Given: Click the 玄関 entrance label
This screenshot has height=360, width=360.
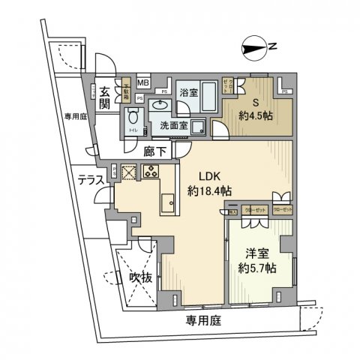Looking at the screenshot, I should point(106,97).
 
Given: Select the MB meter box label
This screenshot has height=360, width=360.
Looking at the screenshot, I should point(142,82).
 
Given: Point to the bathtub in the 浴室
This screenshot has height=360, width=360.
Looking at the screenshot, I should point(208,97).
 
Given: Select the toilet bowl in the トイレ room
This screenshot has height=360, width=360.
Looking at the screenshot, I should point(133,118).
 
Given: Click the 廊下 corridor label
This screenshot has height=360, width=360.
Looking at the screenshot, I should point(154,150).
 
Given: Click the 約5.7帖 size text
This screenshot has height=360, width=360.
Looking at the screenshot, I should point(257,267).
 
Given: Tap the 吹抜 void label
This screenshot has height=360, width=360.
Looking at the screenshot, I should point(140,278).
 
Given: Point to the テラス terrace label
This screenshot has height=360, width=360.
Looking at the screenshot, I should point(91,179).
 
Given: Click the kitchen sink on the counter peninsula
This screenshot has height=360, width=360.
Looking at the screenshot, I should point(166,202).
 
